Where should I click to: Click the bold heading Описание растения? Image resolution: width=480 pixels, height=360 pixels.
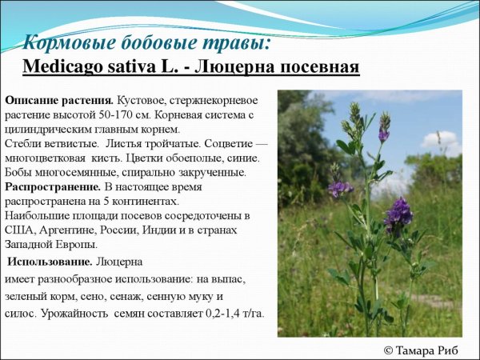[58, 100]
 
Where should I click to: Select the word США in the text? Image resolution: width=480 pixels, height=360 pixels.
[18, 230]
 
